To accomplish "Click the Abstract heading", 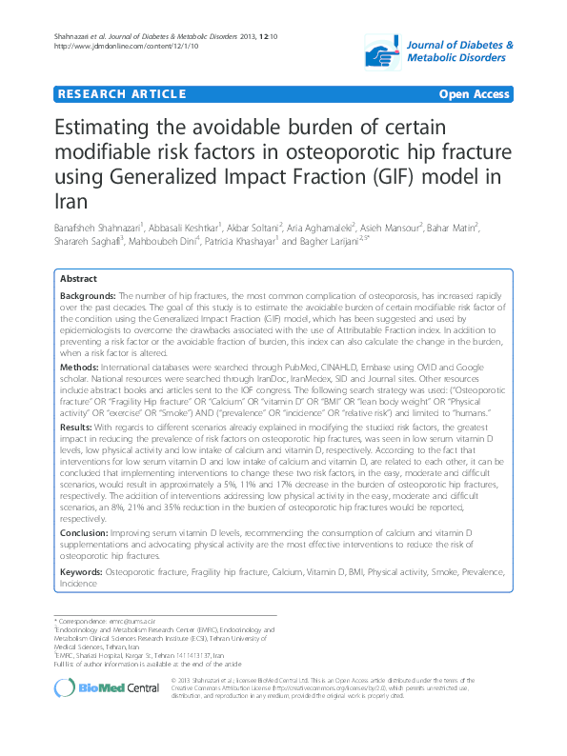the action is [79, 279].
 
